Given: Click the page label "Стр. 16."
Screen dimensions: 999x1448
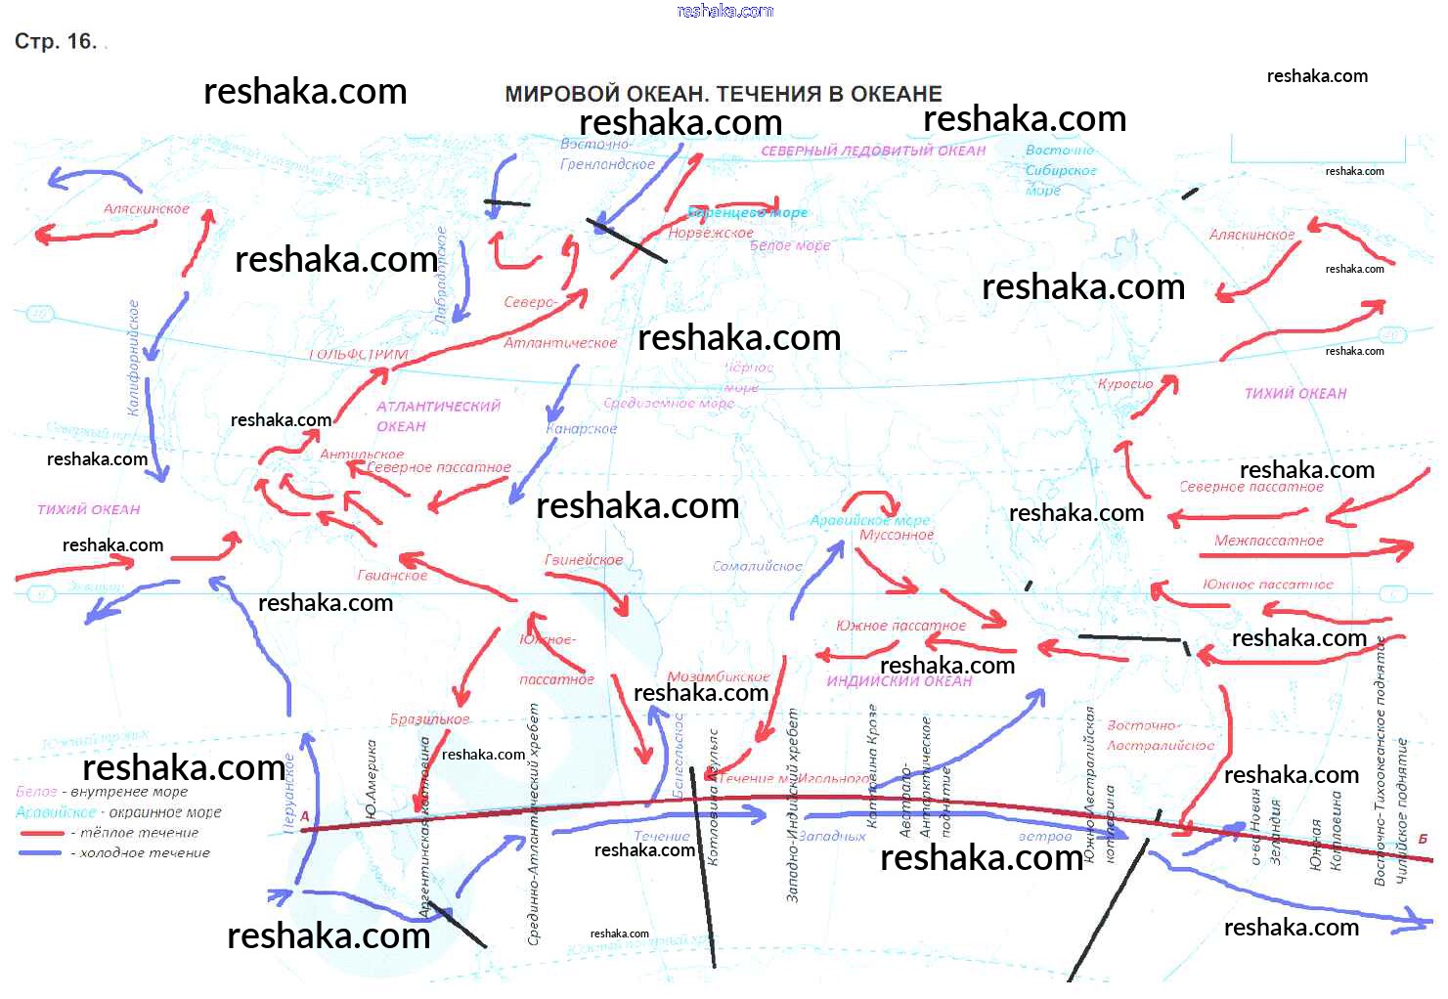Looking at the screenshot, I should tap(56, 41).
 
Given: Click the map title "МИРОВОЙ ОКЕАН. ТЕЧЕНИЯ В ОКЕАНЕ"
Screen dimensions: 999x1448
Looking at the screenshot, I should tap(723, 94).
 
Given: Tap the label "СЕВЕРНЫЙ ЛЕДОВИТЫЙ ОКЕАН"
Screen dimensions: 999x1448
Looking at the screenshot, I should tap(872, 151).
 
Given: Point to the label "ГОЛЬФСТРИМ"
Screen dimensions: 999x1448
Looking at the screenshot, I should tap(359, 354).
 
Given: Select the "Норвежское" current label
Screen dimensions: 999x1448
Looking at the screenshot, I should tap(711, 234).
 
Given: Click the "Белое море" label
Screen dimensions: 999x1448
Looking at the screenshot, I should tap(790, 245).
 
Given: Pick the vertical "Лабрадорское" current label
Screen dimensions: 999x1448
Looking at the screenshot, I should tap(441, 275).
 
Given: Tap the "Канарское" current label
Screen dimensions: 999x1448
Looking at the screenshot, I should tap(582, 428).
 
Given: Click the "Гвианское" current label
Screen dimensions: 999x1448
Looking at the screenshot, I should tap(392, 576).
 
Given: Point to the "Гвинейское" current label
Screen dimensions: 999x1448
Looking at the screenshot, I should tap(584, 560).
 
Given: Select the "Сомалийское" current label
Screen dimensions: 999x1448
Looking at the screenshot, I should tap(757, 566).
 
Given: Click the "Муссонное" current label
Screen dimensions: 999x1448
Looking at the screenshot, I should tap(897, 535).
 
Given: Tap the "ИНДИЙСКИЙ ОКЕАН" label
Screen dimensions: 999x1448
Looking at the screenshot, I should tap(900, 681).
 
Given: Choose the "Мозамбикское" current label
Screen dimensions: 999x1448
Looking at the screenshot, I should tap(719, 676).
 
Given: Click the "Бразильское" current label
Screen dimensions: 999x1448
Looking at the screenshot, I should tap(430, 719).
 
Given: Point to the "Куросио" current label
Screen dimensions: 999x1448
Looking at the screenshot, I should tap(1125, 384).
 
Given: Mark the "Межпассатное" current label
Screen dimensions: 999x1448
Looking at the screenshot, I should tap(1268, 541).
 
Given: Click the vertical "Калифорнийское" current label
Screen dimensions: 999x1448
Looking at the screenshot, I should tap(134, 358).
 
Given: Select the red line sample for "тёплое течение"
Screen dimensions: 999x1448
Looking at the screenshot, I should tap(41, 833).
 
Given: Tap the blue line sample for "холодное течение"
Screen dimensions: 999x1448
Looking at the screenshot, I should tap(41, 853).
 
